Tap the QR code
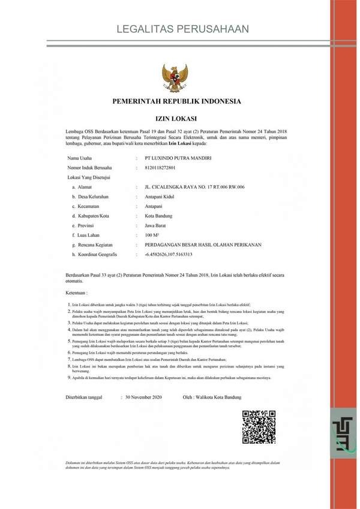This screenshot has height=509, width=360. point(259,426)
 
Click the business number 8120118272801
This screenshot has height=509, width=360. point(164,168)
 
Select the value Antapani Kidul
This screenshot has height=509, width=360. point(160,197)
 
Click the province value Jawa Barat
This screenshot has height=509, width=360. point(157,225)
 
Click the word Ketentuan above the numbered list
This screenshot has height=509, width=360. point(77,293)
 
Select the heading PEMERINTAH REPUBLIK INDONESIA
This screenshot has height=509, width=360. point(176,101)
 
